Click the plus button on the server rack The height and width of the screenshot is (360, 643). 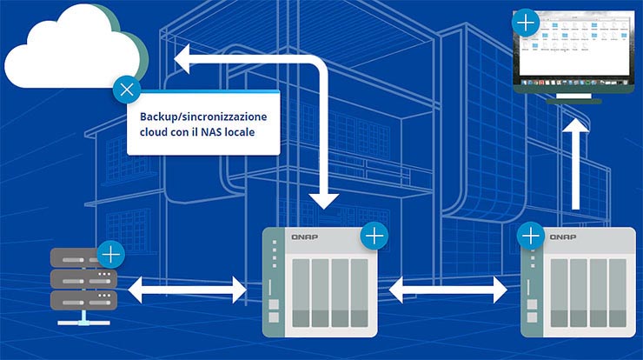point(111,254)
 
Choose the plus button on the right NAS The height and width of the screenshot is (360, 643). point(530,235)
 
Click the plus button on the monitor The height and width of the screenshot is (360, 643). point(526,22)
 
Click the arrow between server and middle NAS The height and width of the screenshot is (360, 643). point(188,289)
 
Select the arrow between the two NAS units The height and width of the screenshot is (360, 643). point(448,289)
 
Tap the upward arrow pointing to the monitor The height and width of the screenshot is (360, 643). point(574,165)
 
